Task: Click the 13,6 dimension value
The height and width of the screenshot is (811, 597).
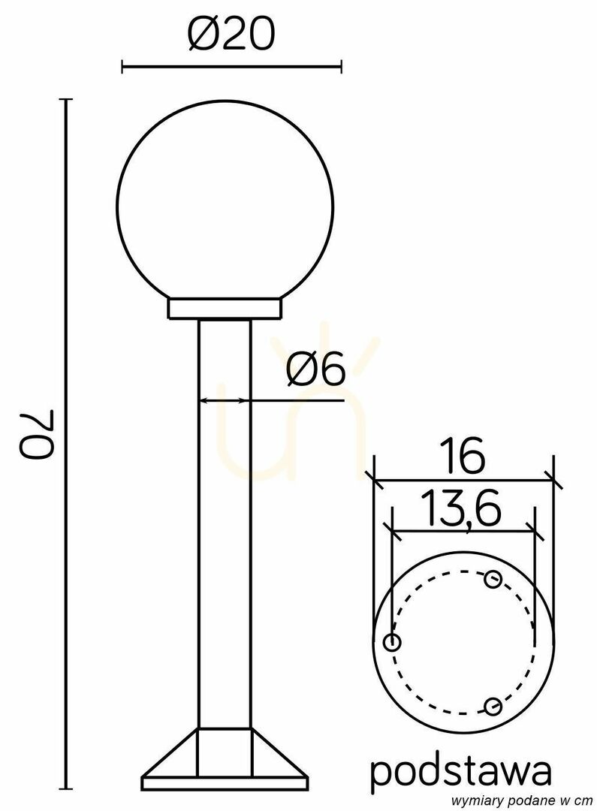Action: click(460, 508)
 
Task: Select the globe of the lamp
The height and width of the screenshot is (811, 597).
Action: click(225, 203)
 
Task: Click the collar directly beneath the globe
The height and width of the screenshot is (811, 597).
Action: click(225, 309)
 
